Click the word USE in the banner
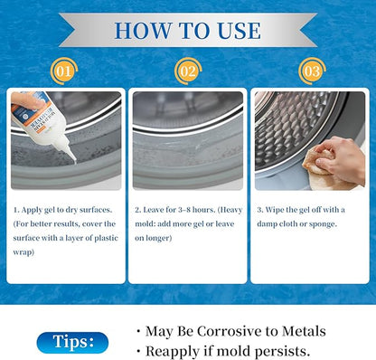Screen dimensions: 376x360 tap(239, 31)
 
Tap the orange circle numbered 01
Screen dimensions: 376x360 tap(64, 71)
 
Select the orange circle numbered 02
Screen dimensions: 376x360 tap(188, 71)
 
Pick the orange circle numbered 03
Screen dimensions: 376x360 tap(312, 71)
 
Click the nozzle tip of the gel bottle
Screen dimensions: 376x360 tap(74, 162)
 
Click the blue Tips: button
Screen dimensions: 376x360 tap(72, 343)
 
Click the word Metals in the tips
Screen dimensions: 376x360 tap(304, 331)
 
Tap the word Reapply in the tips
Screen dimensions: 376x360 tap(172, 352)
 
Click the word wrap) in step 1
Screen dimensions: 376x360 tap(23, 252)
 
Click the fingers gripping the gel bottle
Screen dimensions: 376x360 tap(28, 100)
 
